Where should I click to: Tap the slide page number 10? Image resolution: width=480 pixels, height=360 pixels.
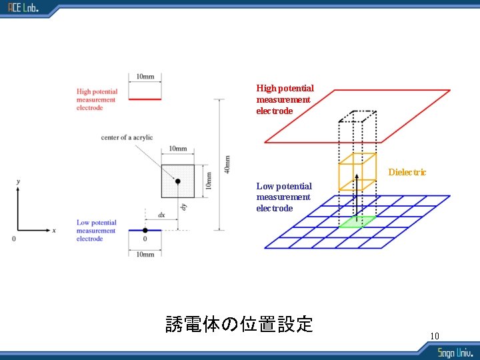[435, 335]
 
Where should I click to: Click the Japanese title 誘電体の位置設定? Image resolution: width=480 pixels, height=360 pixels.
[239, 325]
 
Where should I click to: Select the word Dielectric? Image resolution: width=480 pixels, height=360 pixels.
[407, 172]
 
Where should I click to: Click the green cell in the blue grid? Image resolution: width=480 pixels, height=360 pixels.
[357, 222]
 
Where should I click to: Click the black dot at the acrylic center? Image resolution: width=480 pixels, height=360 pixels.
[177, 181]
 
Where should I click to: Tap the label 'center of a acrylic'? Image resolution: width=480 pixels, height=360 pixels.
[127, 137]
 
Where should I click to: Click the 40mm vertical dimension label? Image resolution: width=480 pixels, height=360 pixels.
[227, 165]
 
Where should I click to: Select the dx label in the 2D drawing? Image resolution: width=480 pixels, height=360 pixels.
[161, 215]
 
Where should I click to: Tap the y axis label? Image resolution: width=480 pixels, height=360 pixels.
[18, 181]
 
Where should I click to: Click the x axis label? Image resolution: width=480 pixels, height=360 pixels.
[54, 230]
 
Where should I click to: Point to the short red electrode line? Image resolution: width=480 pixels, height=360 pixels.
[145, 99]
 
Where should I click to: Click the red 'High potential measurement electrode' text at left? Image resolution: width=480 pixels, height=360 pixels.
[97, 99]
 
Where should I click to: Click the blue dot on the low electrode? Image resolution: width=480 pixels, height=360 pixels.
[145, 230]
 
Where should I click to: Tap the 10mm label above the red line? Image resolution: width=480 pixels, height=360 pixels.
[145, 77]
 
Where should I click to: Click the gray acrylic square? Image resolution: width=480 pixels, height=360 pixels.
[169, 173]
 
